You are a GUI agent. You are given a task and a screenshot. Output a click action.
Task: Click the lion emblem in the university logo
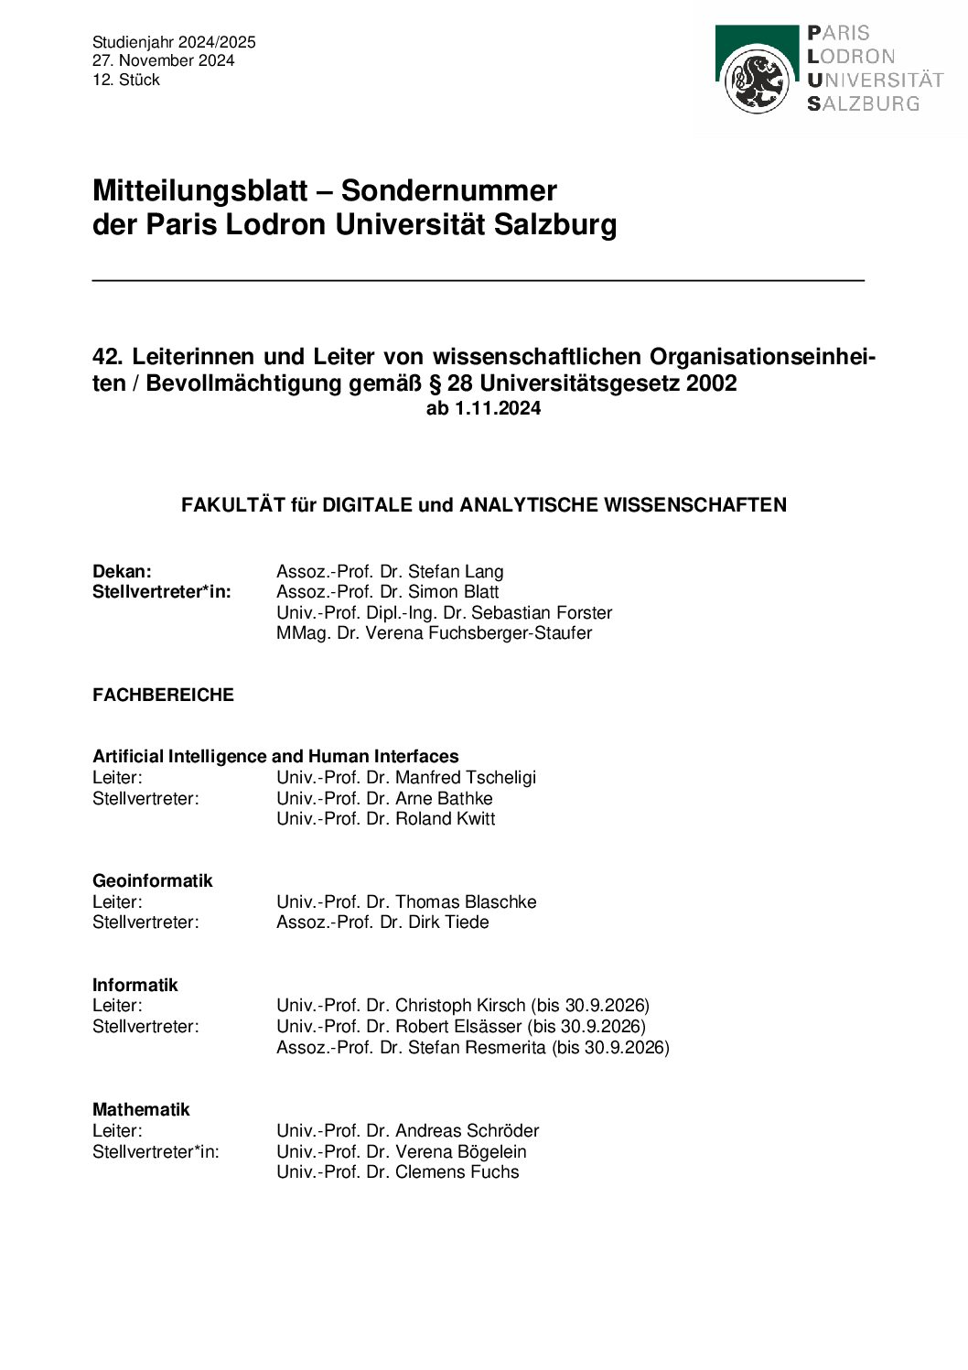[x=757, y=81]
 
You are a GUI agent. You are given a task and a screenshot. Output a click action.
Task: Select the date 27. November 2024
[x=163, y=60]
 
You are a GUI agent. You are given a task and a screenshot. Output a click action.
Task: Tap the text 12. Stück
[x=126, y=80]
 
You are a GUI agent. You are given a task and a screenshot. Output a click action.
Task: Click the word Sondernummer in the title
[x=448, y=190]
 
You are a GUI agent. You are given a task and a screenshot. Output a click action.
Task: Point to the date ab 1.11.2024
[x=483, y=408]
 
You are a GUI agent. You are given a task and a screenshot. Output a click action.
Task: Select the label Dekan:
[x=122, y=571]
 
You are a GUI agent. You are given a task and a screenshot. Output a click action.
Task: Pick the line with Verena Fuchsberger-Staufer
[x=434, y=632]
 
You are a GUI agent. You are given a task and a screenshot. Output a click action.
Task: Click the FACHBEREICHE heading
[x=163, y=695]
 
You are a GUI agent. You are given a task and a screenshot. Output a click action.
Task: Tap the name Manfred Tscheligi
[x=466, y=777]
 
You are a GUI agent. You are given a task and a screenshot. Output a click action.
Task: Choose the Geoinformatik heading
[x=152, y=880]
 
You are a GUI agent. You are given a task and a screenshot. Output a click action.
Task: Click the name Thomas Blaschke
[x=466, y=901]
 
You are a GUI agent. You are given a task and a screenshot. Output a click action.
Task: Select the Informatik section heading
[x=134, y=985]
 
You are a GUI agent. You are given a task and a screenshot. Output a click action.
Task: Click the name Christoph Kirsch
[x=460, y=1005]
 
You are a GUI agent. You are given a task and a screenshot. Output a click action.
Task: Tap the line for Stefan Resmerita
[x=472, y=1047]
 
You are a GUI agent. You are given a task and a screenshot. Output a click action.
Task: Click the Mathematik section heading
[x=141, y=1109]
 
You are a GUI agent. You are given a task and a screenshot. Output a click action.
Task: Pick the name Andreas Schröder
[x=467, y=1130]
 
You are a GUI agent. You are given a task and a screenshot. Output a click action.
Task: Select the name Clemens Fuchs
[x=457, y=1171]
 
